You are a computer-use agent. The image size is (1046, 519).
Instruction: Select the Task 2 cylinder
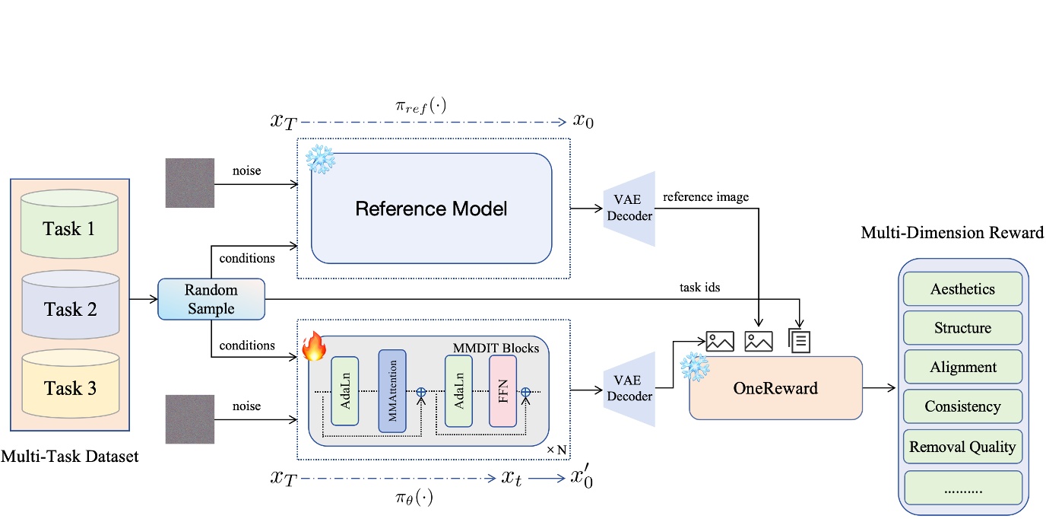point(69,308)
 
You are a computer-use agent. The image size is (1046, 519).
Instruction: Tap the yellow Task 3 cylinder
point(69,388)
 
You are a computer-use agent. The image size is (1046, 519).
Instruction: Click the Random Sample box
point(211,299)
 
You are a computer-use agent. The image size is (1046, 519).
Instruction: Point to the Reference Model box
point(431,208)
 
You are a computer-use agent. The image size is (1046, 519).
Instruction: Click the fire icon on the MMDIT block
point(313,347)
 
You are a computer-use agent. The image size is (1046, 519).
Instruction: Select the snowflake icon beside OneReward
point(694,366)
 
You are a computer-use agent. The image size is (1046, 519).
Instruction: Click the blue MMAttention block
point(392,391)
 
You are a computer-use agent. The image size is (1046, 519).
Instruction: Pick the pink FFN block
point(502,391)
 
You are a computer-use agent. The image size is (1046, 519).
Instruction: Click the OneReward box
point(775,388)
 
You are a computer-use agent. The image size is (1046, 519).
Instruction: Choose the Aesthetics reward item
point(962,289)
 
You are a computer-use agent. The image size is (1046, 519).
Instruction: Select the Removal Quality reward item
point(962,447)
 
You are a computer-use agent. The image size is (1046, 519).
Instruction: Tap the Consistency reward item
point(962,407)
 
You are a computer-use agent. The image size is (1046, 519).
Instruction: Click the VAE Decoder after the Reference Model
point(629,208)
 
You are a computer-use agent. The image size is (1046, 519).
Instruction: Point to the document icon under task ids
point(800,340)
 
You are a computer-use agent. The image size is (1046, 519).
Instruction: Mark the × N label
point(557,450)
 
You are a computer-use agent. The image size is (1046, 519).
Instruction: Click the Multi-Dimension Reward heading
point(952,233)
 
